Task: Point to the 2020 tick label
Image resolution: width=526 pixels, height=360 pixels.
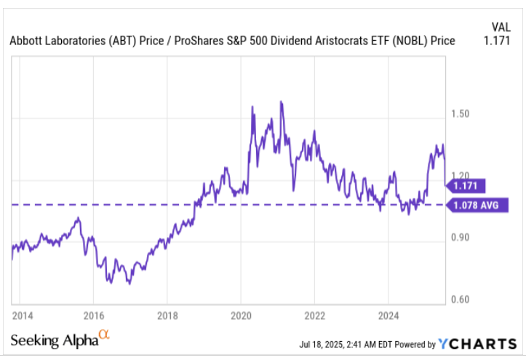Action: click(241, 316)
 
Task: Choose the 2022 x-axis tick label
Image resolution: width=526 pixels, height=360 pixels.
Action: click(314, 316)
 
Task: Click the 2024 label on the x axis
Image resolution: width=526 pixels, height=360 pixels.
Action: click(388, 316)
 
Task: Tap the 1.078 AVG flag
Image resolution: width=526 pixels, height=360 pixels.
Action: click(474, 206)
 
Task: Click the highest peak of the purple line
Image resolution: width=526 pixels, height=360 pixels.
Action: click(282, 102)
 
